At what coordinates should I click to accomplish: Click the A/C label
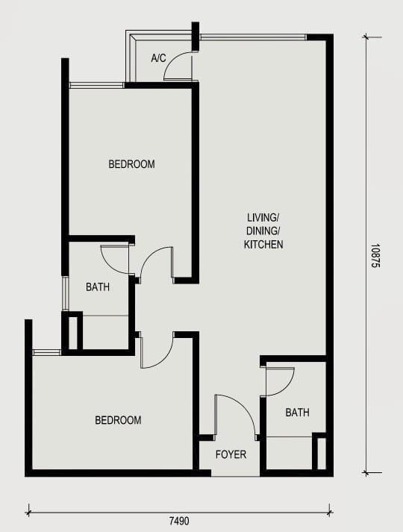tap(158, 58)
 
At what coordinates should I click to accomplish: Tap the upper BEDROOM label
tap(131, 164)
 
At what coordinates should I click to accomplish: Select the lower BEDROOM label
tap(118, 420)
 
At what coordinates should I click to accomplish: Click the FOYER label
tap(231, 454)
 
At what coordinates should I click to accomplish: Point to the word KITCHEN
tap(263, 244)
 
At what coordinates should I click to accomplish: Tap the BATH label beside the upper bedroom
tap(98, 287)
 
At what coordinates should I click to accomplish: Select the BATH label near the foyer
tap(298, 413)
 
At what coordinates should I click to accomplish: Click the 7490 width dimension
tap(179, 521)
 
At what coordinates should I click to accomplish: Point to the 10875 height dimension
tap(375, 256)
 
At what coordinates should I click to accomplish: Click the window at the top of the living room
tap(254, 37)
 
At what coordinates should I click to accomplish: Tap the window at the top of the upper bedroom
tap(97, 85)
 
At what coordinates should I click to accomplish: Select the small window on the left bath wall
tap(65, 293)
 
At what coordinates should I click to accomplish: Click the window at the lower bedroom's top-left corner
tap(46, 352)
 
